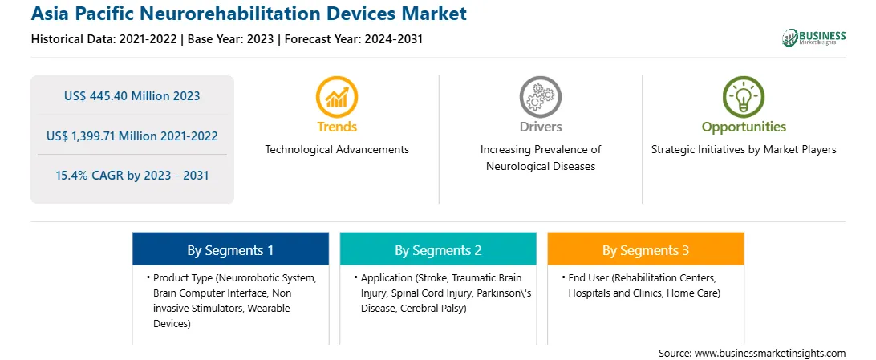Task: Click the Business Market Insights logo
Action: point(813,38)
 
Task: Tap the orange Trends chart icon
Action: point(337,96)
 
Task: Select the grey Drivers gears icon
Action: point(540,96)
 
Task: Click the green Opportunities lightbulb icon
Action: point(744,96)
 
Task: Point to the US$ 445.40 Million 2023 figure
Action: point(132,96)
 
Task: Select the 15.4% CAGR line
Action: point(132,176)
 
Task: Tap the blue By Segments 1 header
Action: point(230,250)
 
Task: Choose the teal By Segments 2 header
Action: point(438,250)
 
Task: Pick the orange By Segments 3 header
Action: point(646,250)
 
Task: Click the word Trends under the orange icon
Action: point(337,127)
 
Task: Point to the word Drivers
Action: point(540,127)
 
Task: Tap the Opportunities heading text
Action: point(744,127)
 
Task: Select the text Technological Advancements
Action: point(337,150)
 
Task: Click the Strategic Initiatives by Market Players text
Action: point(744,150)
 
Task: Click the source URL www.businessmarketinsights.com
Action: point(770,353)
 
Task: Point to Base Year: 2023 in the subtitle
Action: point(231,39)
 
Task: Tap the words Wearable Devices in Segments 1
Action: point(221,315)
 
